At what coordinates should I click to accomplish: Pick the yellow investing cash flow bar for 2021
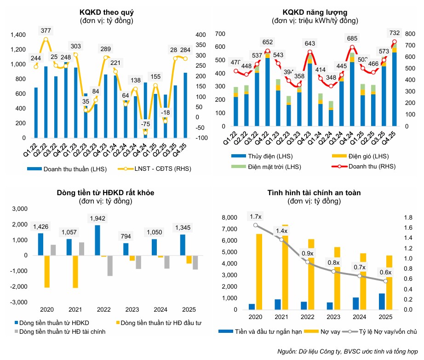75,271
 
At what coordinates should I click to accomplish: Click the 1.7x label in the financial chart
256,216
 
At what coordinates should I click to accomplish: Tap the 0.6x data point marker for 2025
386,281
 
